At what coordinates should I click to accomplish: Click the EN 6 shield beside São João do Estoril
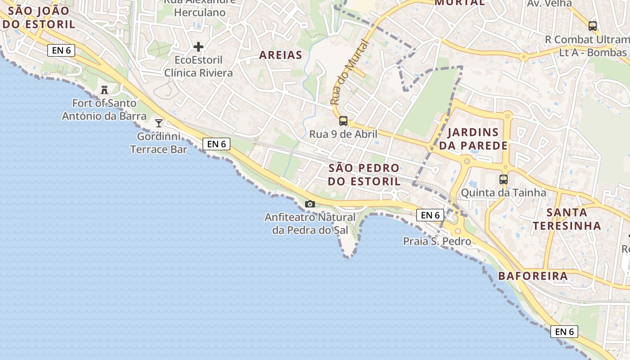(x=61, y=50)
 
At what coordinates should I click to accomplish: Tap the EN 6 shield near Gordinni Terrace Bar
(x=216, y=144)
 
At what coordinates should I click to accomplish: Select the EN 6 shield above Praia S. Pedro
(x=431, y=215)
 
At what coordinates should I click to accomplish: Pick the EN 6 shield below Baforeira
(x=564, y=332)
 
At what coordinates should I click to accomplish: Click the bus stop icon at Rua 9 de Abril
(x=343, y=121)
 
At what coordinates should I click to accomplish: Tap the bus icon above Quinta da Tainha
(x=504, y=180)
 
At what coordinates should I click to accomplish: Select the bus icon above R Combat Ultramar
(x=593, y=26)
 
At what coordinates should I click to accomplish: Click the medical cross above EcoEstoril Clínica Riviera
(x=198, y=47)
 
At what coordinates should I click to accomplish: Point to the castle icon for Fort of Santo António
(x=104, y=90)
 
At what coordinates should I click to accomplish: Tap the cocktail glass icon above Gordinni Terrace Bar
(x=159, y=123)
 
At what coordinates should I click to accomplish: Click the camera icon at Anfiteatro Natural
(x=310, y=204)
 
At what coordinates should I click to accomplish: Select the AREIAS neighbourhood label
(x=280, y=55)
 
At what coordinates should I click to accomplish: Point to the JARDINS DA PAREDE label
(x=473, y=139)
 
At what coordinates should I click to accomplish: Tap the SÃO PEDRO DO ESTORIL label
(x=364, y=175)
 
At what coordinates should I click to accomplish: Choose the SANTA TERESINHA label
(x=567, y=219)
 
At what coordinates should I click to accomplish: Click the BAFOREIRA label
(x=533, y=276)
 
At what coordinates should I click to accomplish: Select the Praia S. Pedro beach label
(x=437, y=242)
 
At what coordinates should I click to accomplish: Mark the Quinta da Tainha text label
(x=504, y=193)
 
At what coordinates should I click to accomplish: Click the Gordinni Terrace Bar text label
(x=158, y=143)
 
